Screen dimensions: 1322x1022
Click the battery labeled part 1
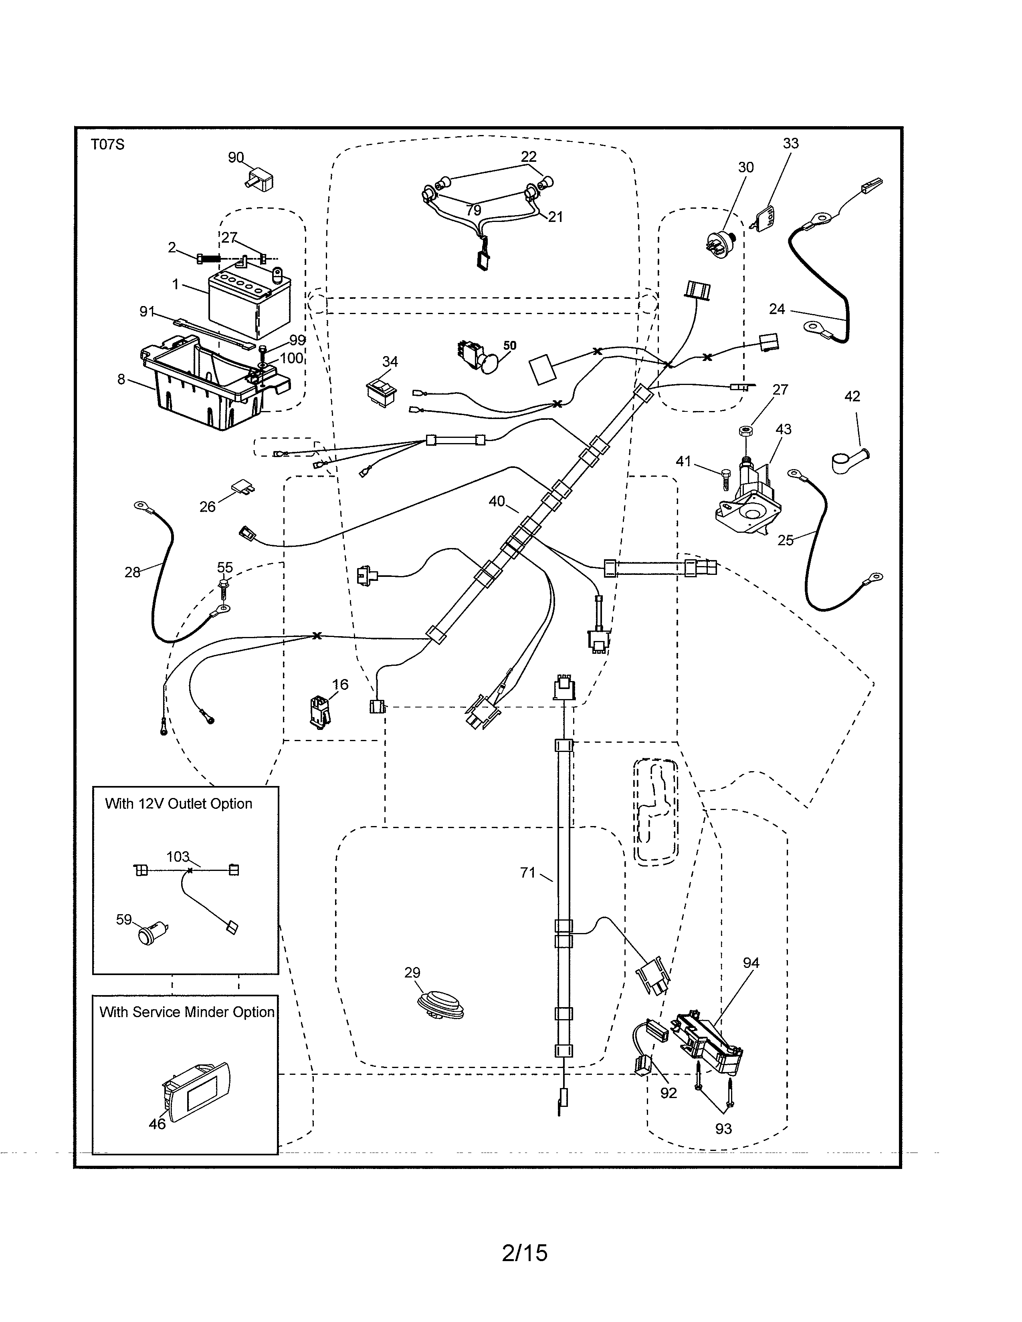(248, 306)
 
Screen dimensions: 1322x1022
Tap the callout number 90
(236, 157)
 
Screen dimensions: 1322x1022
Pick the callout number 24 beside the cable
(777, 309)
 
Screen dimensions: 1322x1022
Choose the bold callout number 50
(510, 346)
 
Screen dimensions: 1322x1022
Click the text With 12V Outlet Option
(179, 804)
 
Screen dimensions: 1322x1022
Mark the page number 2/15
(524, 1253)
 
